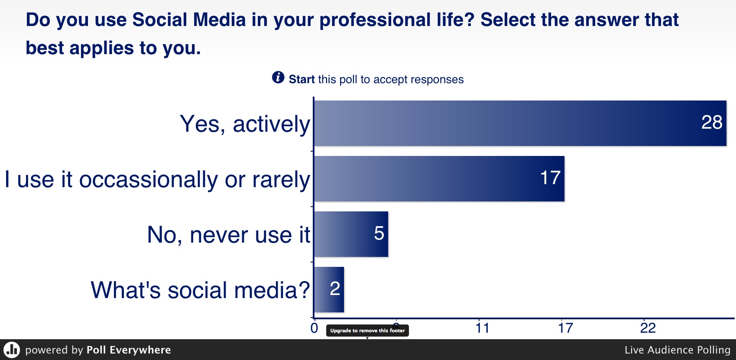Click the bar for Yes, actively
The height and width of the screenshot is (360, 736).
pyautogui.click(x=520, y=123)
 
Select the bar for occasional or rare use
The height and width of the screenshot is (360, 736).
pyautogui.click(x=439, y=178)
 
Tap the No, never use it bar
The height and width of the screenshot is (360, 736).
pyautogui.click(x=351, y=234)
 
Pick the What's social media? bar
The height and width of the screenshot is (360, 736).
pyautogui.click(x=329, y=290)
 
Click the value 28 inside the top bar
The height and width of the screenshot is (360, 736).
pyautogui.click(x=712, y=122)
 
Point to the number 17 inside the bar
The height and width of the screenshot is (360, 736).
pyautogui.click(x=550, y=178)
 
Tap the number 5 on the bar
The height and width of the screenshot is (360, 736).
pyautogui.click(x=379, y=233)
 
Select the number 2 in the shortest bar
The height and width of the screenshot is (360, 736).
pyautogui.click(x=335, y=289)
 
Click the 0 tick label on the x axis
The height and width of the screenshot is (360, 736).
pyautogui.click(x=314, y=328)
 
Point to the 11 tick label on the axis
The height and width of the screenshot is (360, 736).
pyautogui.click(x=482, y=328)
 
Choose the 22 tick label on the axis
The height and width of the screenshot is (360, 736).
pyautogui.click(x=648, y=328)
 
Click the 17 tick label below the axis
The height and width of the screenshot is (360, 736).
pyautogui.click(x=565, y=328)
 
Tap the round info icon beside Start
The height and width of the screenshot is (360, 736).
pyautogui.click(x=278, y=78)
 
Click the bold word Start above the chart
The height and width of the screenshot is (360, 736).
pyautogui.click(x=302, y=79)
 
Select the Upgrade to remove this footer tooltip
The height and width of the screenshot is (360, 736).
pyautogui.click(x=367, y=331)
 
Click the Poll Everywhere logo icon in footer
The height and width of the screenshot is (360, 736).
pyautogui.click(x=12, y=350)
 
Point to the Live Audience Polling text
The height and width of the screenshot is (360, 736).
pyautogui.click(x=678, y=350)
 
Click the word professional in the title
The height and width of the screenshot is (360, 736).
pyautogui.click(x=375, y=20)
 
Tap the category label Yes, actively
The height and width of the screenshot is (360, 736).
pyautogui.click(x=245, y=124)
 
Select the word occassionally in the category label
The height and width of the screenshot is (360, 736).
pyautogui.click(x=149, y=180)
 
